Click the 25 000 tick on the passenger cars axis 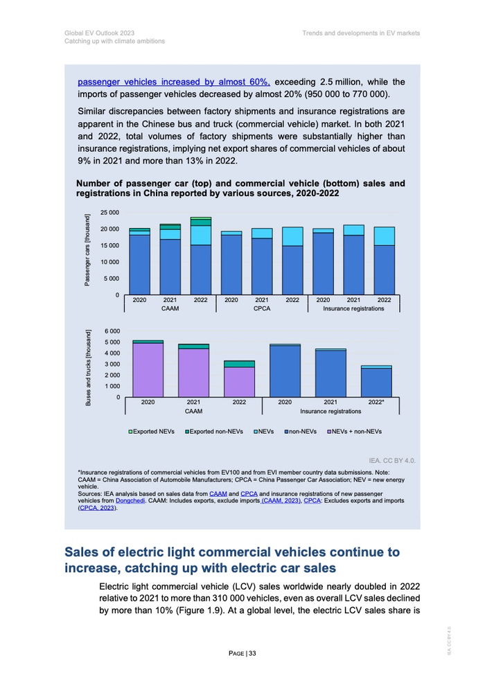coord(109,212)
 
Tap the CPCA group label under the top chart coord(262,308)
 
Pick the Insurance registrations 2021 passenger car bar coord(353,260)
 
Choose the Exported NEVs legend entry coord(152,432)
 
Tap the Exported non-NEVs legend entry coord(214,432)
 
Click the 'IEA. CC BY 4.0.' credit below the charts coord(394,459)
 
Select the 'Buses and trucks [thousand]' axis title coord(89,368)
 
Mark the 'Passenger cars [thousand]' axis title coord(88,249)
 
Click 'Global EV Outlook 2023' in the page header coord(99,33)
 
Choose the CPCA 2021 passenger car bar coord(262,260)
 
